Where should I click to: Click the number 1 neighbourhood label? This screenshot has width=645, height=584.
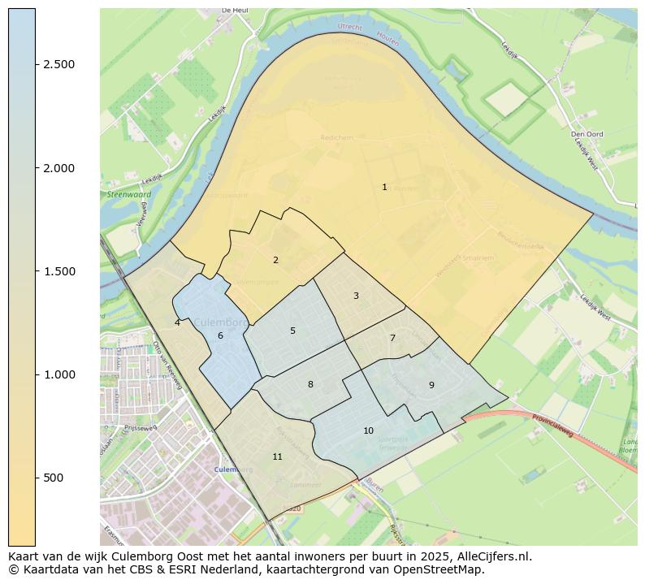[x=384, y=187]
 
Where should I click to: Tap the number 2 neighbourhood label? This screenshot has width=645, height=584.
[x=275, y=260]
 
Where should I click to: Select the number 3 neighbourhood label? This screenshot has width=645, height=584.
[x=356, y=296]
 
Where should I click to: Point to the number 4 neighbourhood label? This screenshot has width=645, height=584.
[x=177, y=322]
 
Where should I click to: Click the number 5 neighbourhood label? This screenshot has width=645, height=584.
[x=292, y=331]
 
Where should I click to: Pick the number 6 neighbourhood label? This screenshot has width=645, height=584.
[x=220, y=335]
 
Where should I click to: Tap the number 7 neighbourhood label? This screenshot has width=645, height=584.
[x=392, y=338]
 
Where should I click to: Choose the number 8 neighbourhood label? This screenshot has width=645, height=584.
[x=310, y=384]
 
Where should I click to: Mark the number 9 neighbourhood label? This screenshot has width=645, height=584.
[x=431, y=385]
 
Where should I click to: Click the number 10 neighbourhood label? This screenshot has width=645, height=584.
[x=368, y=430]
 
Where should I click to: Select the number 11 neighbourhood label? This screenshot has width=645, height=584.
[x=277, y=456]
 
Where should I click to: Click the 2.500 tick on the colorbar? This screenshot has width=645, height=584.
[x=59, y=65]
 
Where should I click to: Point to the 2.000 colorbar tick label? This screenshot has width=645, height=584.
[x=59, y=168]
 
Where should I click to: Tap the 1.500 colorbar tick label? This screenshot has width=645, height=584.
[x=59, y=271]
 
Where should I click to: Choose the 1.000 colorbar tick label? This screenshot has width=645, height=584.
[x=59, y=374]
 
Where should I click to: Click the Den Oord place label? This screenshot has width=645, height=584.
[x=585, y=134]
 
